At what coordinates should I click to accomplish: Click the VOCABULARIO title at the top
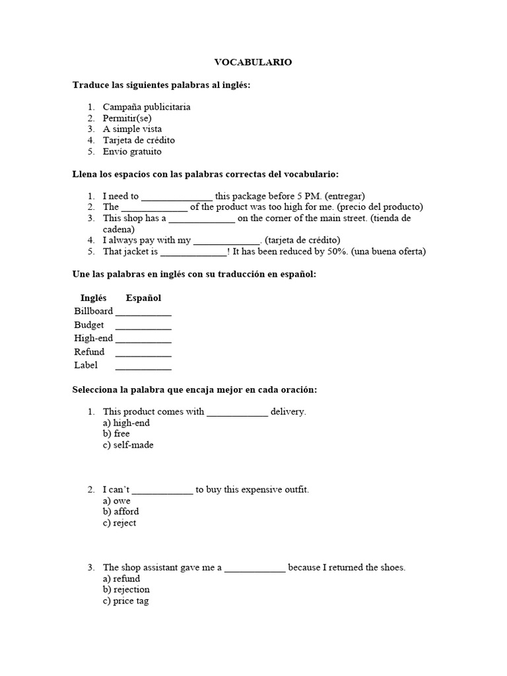point(253,62)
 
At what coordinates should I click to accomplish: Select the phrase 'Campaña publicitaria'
point(147,107)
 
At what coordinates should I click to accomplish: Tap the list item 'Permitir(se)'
point(127,118)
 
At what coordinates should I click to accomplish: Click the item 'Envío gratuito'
point(132,151)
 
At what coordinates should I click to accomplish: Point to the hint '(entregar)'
point(343,196)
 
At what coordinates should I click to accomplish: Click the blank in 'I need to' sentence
point(177,196)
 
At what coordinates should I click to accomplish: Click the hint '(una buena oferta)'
point(389,252)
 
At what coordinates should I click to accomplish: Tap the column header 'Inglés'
point(93,298)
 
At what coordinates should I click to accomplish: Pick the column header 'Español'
point(143,298)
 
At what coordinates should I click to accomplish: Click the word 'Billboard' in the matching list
point(93,311)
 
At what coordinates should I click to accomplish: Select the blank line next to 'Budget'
point(143,325)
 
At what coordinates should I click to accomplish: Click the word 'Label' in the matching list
point(86,365)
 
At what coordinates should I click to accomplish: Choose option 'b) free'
point(116,434)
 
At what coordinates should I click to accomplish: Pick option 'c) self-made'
point(128,445)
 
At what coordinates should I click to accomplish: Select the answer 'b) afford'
point(121,512)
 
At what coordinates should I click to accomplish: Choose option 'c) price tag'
point(125,601)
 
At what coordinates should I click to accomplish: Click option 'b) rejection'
point(126,590)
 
